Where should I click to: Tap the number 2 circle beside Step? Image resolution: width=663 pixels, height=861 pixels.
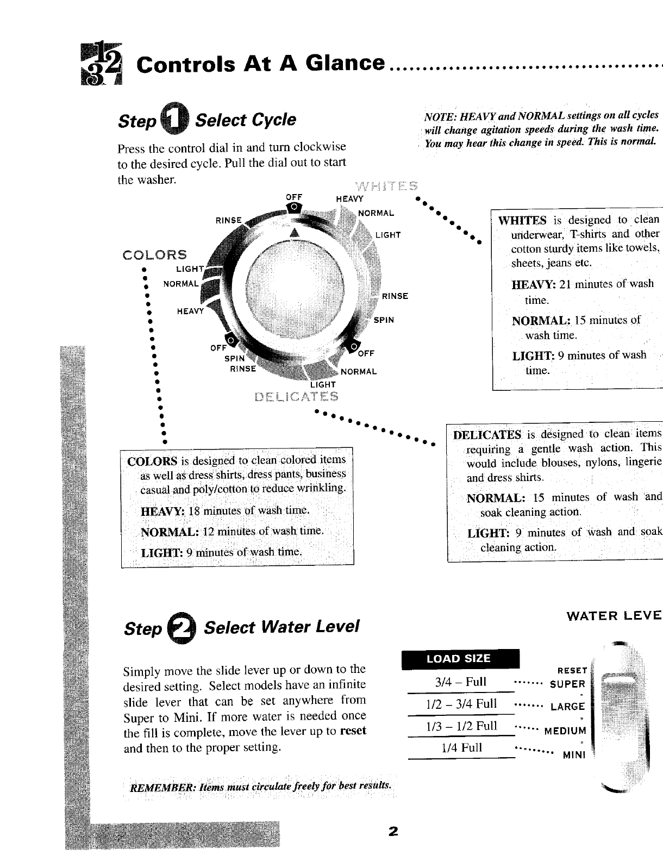pos(182,628)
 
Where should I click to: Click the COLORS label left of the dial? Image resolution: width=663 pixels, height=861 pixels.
pos(155,255)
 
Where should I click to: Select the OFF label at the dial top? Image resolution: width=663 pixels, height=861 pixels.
pos(293,197)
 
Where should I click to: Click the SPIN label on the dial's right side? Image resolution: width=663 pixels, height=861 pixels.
pos(384,320)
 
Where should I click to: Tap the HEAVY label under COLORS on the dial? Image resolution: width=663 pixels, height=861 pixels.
pos(190,311)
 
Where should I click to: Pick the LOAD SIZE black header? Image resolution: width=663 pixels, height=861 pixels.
pos(460,659)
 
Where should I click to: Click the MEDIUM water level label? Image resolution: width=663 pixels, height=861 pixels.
pos(565,731)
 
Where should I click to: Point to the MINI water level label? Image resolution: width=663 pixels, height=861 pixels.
pos(574,756)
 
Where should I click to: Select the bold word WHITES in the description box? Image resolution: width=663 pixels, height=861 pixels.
pos(522,220)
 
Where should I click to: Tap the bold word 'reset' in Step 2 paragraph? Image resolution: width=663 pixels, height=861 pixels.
pos(353,731)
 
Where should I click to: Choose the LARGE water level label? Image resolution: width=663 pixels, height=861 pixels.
pos(567,707)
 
